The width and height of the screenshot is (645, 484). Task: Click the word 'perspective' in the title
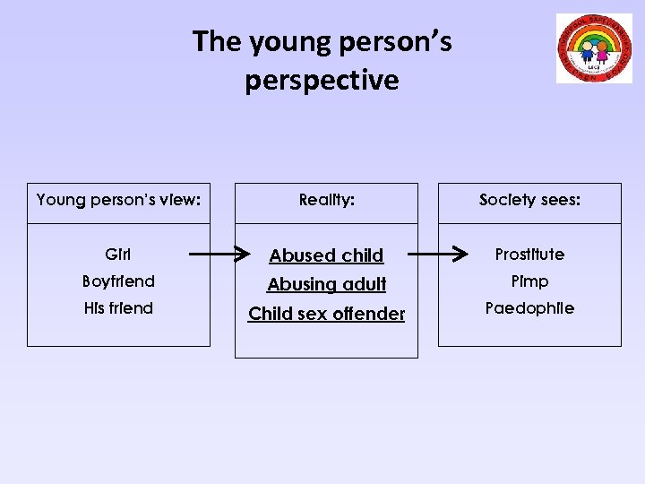(x=322, y=81)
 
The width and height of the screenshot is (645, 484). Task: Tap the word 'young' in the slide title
(x=283, y=42)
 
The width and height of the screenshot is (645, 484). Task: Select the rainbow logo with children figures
(x=594, y=48)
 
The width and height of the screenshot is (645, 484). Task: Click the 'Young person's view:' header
(x=118, y=200)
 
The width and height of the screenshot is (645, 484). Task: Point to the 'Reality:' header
(x=326, y=200)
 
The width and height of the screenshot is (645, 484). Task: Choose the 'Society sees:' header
(x=529, y=200)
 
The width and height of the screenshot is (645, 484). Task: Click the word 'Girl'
(x=118, y=255)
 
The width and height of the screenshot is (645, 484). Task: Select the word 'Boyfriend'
(x=118, y=281)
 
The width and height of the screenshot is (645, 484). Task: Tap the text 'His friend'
(x=118, y=308)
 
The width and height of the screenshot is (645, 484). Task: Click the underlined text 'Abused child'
(x=326, y=255)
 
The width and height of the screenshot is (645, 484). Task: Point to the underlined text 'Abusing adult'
(x=326, y=284)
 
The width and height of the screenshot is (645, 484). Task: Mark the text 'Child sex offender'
(x=326, y=314)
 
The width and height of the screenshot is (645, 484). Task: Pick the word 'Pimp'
(x=529, y=281)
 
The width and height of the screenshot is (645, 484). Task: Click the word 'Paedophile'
(x=529, y=308)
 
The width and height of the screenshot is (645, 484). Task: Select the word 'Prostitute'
(x=529, y=255)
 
